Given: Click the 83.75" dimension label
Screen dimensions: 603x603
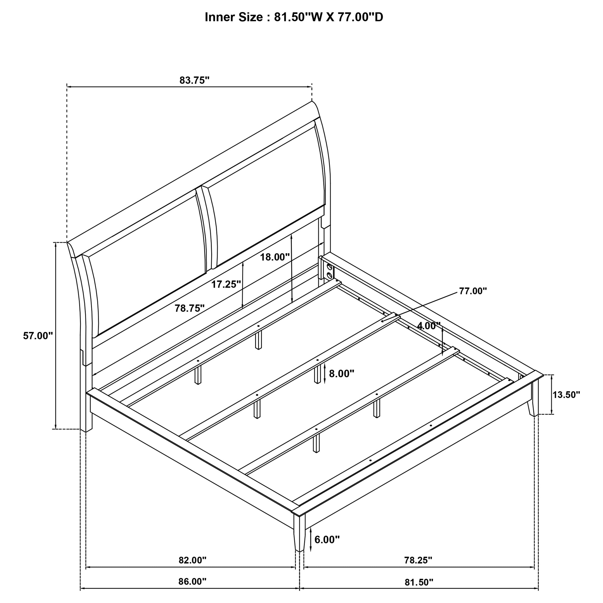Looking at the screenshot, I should click(x=194, y=81).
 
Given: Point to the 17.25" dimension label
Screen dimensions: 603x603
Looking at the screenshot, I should click(x=226, y=284).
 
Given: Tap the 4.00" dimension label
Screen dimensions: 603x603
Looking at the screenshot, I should click(x=429, y=326).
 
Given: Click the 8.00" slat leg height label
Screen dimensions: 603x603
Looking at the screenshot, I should click(x=342, y=373).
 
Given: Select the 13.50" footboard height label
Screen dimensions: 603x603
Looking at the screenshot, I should click(x=566, y=395).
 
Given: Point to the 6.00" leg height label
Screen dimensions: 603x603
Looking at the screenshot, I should click(x=327, y=540).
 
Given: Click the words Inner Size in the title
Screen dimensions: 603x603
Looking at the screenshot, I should click(x=233, y=17).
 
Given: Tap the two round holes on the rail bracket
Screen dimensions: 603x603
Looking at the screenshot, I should click(x=329, y=271).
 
